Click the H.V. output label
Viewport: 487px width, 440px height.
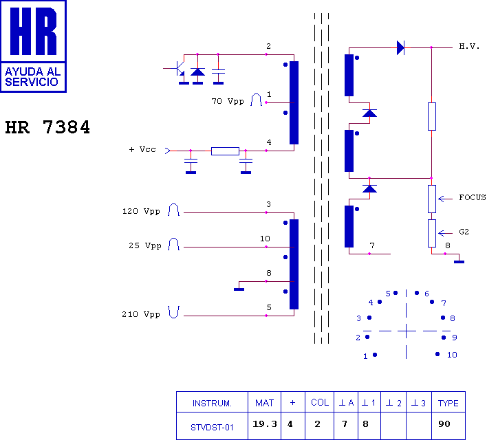pyautogui.click(x=469, y=47)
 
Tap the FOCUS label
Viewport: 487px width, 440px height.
pyautogui.click(x=473, y=197)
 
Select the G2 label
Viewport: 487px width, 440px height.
pyautogui.click(x=464, y=232)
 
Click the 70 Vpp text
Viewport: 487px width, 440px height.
pyautogui.click(x=228, y=102)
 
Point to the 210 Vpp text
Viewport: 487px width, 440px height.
pyautogui.click(x=141, y=315)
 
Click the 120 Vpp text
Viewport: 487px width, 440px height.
pyautogui.click(x=141, y=212)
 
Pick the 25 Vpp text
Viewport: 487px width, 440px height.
pyautogui.click(x=145, y=245)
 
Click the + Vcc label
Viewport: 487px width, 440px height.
pyautogui.click(x=142, y=149)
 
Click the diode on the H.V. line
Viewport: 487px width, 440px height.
pyautogui.click(x=400, y=48)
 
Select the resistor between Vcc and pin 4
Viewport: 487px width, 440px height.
pyautogui.click(x=225, y=151)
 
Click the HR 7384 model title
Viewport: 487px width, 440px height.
pyautogui.click(x=47, y=127)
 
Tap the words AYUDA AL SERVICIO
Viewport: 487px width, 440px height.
pyautogui.click(x=32, y=77)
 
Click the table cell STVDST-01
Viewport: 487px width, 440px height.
pyautogui.click(x=212, y=428)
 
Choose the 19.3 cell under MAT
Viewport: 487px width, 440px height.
pyautogui.click(x=264, y=424)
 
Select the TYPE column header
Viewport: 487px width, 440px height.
pyautogui.click(x=448, y=403)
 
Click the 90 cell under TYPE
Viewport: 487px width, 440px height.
pyautogui.click(x=444, y=424)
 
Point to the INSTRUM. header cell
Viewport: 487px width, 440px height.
pyautogui.click(x=212, y=404)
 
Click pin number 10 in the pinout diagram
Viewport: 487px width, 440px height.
pyautogui.click(x=452, y=355)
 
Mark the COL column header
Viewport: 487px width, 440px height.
pyautogui.click(x=320, y=402)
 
